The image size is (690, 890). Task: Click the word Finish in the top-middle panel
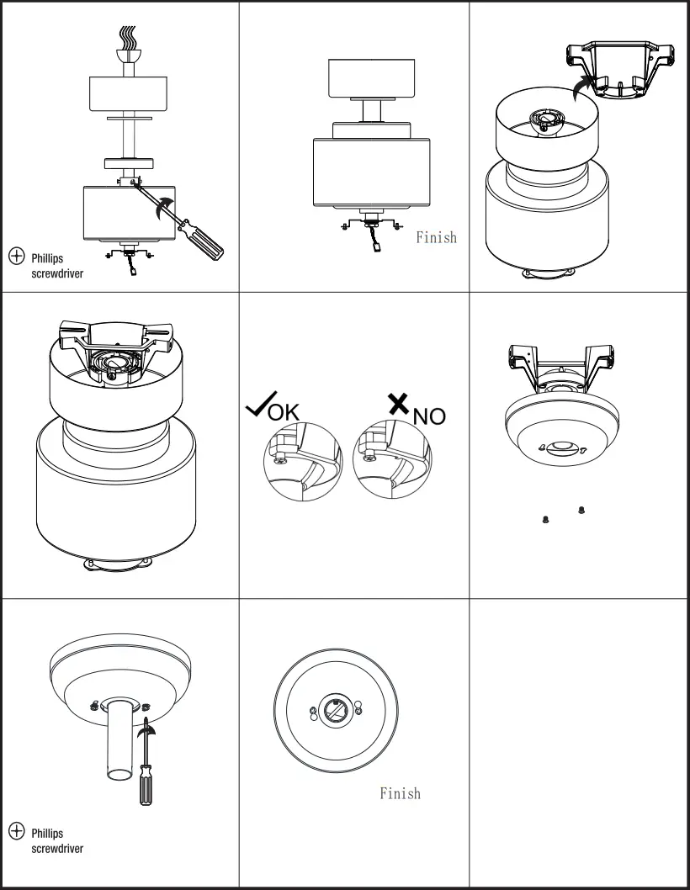click(x=436, y=238)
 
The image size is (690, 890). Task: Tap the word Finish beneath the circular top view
click(x=400, y=793)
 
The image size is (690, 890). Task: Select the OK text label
click(x=283, y=412)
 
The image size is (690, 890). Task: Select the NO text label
click(x=429, y=416)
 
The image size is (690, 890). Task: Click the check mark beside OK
click(x=256, y=408)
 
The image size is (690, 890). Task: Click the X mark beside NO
click(x=398, y=404)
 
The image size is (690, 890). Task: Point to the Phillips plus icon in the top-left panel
click(x=16, y=257)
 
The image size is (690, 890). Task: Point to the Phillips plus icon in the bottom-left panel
click(x=16, y=831)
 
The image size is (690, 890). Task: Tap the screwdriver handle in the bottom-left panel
click(x=146, y=787)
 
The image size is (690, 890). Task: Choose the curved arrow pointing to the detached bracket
click(x=579, y=87)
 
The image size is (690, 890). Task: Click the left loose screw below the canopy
click(x=546, y=519)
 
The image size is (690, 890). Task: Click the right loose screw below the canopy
click(x=581, y=510)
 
